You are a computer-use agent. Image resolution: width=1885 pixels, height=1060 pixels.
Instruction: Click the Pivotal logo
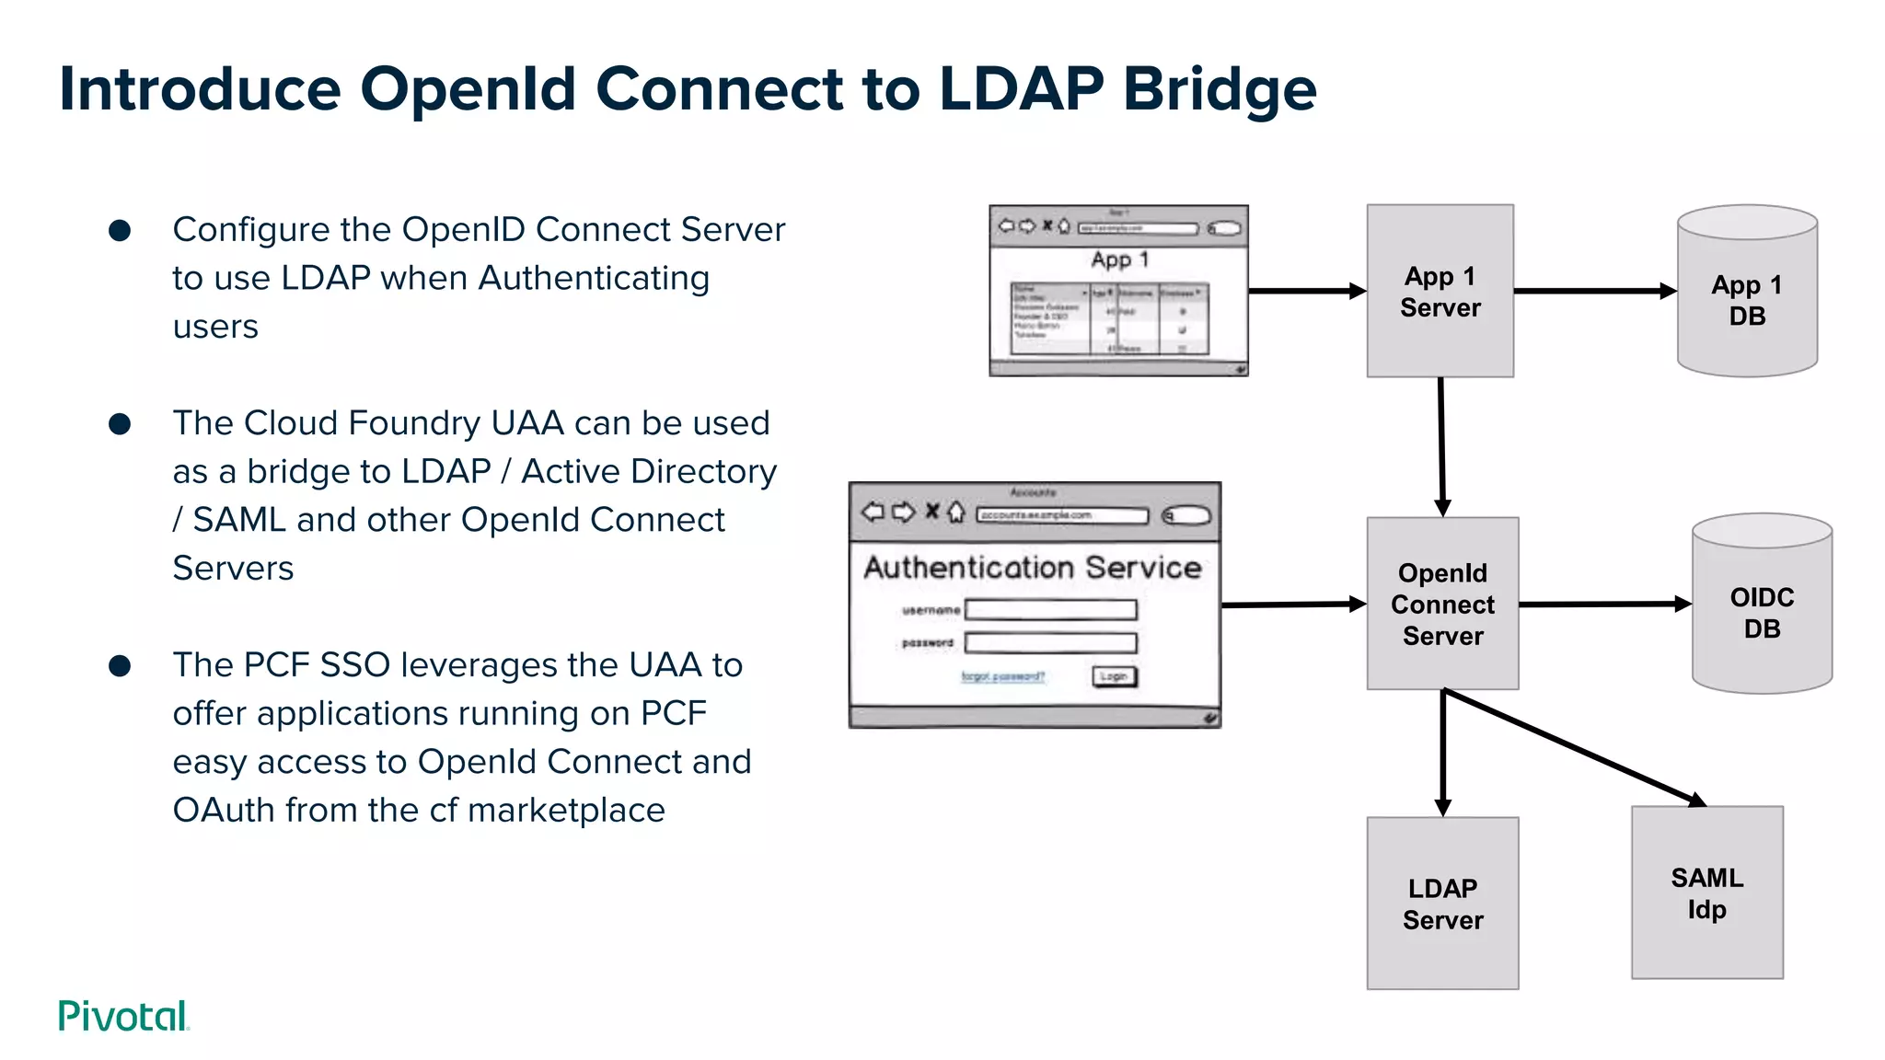point(123,1016)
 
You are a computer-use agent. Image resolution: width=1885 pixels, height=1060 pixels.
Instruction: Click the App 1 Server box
point(1440,291)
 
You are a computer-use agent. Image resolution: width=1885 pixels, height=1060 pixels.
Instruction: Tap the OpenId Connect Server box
point(1441,604)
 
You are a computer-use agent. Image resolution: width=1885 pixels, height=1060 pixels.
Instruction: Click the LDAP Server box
point(1441,904)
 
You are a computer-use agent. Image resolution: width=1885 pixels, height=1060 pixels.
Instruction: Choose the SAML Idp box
point(1706,893)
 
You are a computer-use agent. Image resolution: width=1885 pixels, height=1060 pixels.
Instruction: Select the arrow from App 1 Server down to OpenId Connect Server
point(1441,446)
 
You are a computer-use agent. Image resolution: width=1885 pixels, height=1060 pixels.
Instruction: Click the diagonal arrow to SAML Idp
point(1574,747)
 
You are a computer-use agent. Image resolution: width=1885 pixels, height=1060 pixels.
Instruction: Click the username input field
point(1050,609)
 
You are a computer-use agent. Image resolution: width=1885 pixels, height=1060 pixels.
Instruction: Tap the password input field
point(1050,642)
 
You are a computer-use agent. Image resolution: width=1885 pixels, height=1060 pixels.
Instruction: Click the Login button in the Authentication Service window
point(1114,676)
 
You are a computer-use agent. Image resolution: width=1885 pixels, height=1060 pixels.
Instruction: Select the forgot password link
point(1002,676)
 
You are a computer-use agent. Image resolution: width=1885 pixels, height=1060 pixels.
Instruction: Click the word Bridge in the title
point(1219,89)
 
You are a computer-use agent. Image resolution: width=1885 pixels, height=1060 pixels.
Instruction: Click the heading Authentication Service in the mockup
point(1032,567)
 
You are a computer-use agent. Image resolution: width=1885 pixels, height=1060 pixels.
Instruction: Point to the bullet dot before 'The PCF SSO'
point(120,665)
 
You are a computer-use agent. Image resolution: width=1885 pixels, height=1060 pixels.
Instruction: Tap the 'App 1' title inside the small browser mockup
point(1119,259)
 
